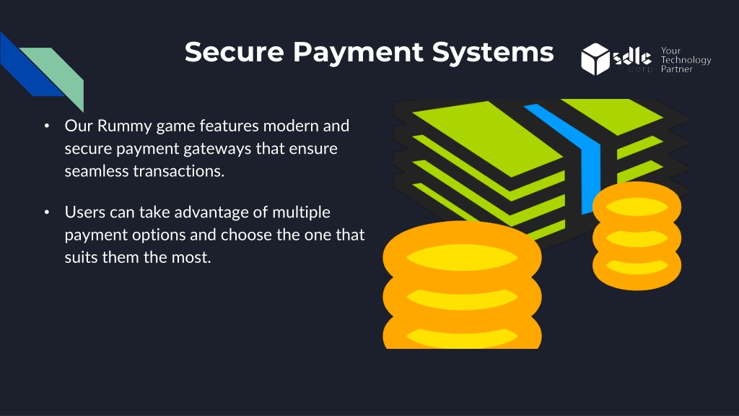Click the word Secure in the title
[235, 51]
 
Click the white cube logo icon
[595, 59]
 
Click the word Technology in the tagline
[686, 61]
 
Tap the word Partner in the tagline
[676, 69]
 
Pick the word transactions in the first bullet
[179, 170]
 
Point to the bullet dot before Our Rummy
[47, 126]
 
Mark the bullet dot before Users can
[47, 212]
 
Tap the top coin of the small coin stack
[637, 206]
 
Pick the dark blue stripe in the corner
[29, 66]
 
